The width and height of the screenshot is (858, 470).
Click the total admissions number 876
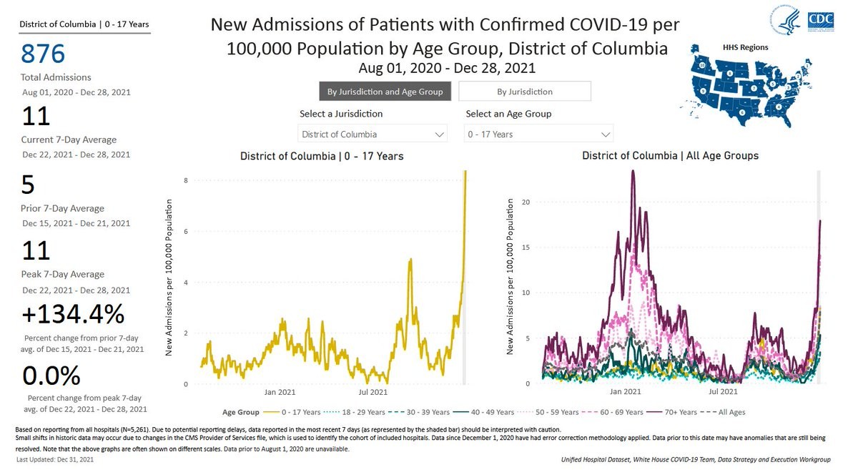pos(43,54)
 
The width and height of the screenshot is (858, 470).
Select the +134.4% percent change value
pos(73,314)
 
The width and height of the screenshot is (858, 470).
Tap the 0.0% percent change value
pos(51,376)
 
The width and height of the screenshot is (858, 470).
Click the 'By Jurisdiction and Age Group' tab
pos(385,92)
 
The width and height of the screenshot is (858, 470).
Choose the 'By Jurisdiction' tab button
pos(525,92)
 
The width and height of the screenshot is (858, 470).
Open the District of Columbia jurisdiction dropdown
pos(372,134)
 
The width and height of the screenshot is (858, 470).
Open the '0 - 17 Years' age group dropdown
pos(538,134)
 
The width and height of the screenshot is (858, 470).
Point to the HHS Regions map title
pos(746,48)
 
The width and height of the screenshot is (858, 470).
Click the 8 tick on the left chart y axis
pos(185,180)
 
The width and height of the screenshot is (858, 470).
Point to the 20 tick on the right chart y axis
pos(526,202)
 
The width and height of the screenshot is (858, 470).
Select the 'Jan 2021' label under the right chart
pos(626,392)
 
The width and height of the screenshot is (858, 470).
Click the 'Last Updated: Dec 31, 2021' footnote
pos(54,459)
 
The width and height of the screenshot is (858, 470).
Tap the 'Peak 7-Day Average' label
pos(62,274)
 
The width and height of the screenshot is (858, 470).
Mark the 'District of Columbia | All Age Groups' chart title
pos(670,156)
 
